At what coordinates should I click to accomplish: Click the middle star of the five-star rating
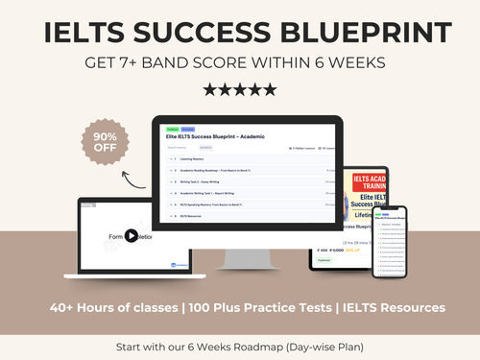tap(240, 89)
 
